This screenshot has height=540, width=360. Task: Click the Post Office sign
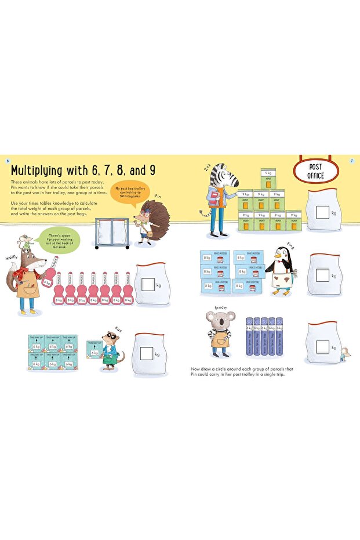(317, 171)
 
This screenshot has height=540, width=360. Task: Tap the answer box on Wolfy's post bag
(148, 284)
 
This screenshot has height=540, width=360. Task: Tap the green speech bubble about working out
(60, 239)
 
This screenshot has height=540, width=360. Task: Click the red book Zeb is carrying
(215, 200)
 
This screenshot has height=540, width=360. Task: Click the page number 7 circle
(352, 160)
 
